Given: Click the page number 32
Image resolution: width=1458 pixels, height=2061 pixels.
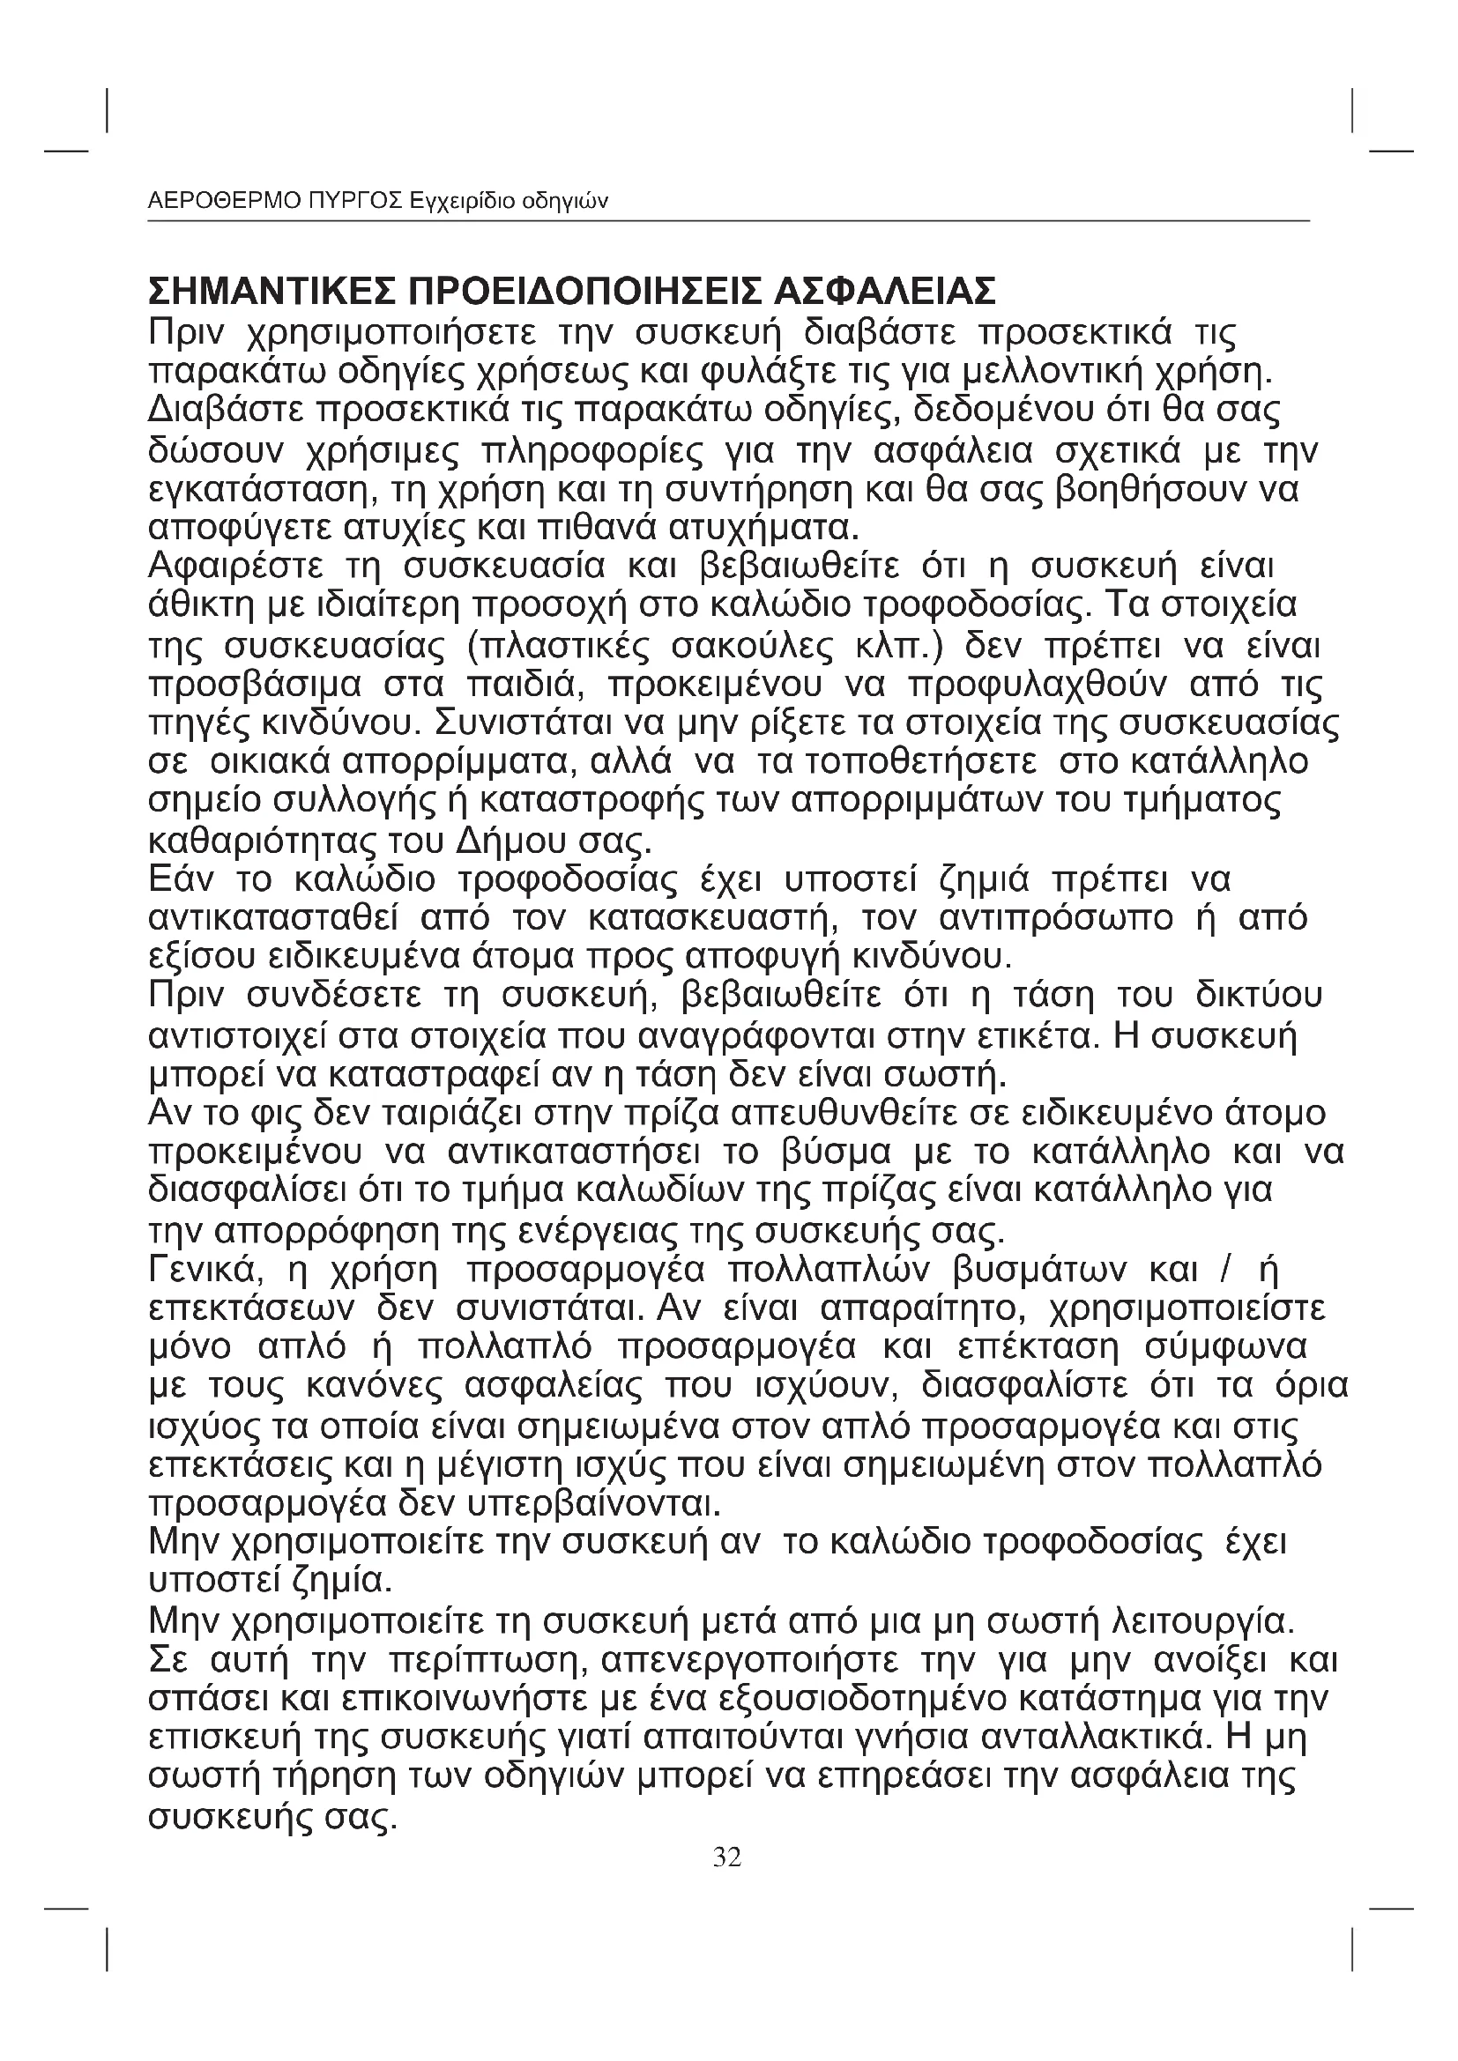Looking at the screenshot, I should click(x=727, y=1857).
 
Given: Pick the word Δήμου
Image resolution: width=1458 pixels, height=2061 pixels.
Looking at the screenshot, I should click(x=507, y=842).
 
